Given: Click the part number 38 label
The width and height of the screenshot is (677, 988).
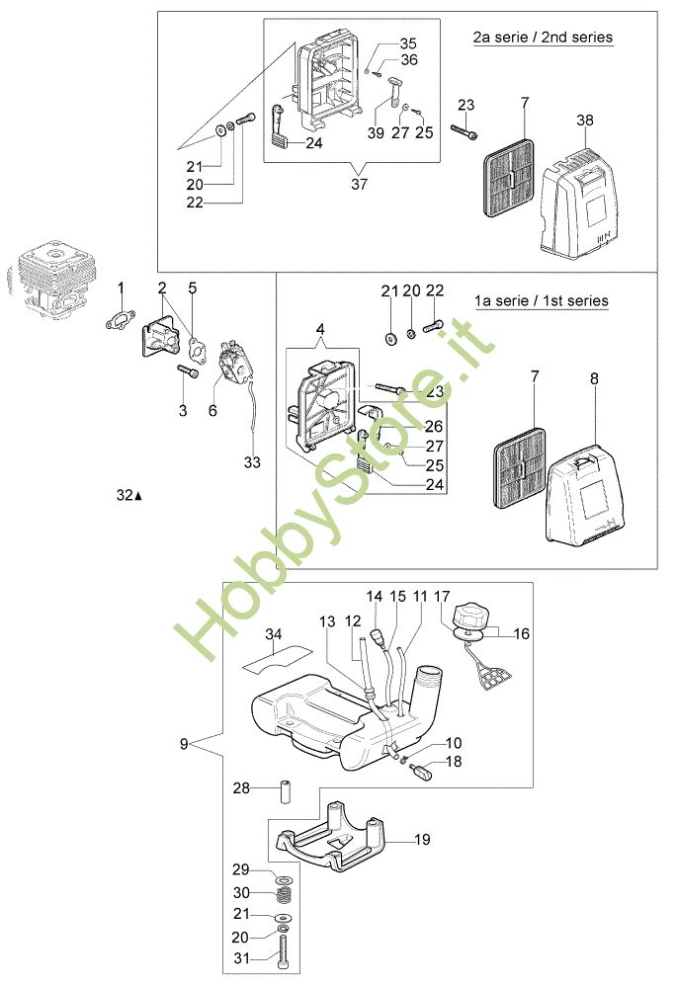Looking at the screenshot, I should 585,120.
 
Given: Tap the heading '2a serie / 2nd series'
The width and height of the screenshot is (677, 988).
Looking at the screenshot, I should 543,38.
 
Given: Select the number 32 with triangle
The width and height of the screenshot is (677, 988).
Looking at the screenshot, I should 127,496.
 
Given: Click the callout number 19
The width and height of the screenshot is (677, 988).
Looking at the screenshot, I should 422,841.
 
